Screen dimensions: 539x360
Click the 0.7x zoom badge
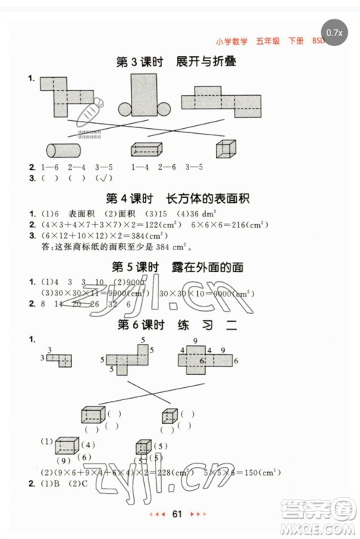click(335, 32)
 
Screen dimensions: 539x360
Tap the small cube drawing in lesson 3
click(225, 148)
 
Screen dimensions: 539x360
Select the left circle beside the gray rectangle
click(125, 109)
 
